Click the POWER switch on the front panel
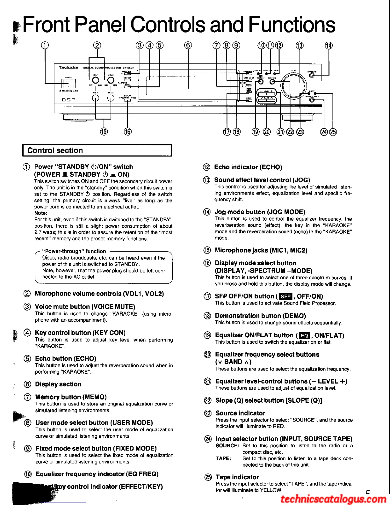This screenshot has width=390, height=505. tap(69, 83)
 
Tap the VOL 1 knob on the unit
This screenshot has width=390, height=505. tap(95, 80)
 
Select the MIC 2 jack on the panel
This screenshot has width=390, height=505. tap(111, 98)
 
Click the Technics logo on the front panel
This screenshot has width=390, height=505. tap(69, 67)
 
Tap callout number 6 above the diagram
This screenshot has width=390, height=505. tap(188, 45)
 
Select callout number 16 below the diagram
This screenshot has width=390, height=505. tap(127, 131)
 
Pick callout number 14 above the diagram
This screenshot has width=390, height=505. tap(329, 45)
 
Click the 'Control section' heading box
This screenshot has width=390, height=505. tap(97, 150)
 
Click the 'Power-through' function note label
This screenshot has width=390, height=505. tap(74, 251)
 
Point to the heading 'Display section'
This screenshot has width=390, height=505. tap(58, 384)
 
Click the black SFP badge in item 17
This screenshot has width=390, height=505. tap(285, 297)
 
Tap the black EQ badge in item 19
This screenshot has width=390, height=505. tap(305, 336)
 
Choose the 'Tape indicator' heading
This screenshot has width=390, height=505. tap(237, 477)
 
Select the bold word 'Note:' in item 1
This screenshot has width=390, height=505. tap(41, 213)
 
